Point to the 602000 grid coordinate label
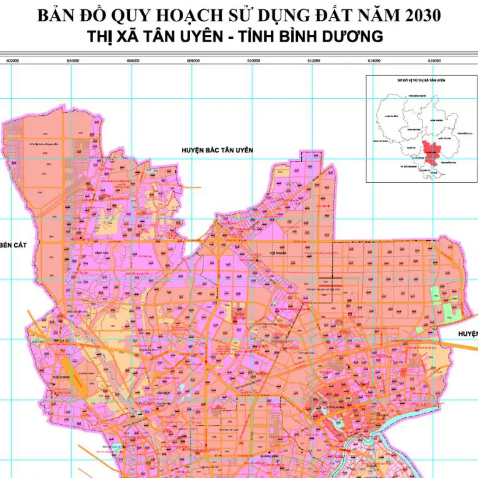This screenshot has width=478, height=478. point(12,61)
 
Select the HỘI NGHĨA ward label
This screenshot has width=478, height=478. point(278,252)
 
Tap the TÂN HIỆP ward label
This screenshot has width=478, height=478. point(162,392)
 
